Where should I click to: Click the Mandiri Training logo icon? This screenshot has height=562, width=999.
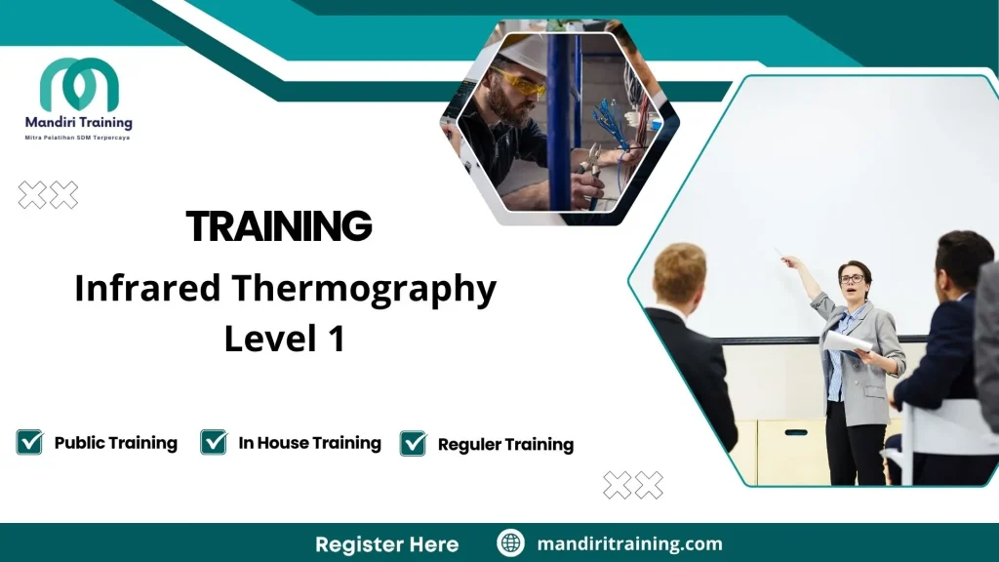(79, 85)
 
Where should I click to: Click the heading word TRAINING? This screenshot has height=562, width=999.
(279, 226)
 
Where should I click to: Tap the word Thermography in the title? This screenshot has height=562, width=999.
(364, 290)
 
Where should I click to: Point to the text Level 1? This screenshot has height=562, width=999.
(284, 338)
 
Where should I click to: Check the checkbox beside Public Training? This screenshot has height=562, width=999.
(30, 442)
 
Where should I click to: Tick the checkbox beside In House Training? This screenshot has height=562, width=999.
(214, 442)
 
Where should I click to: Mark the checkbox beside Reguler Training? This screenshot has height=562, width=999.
(414, 444)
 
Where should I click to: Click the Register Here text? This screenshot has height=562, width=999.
(386, 543)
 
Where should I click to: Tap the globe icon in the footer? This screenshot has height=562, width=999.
(510, 543)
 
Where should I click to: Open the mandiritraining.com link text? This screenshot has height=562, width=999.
(629, 543)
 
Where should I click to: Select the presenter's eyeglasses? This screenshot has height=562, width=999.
(851, 279)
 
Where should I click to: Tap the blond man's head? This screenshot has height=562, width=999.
(679, 272)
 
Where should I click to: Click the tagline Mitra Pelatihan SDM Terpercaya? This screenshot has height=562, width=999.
(78, 138)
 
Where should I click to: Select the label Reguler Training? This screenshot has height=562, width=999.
(505, 445)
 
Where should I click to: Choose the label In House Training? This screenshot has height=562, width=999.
(309, 443)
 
